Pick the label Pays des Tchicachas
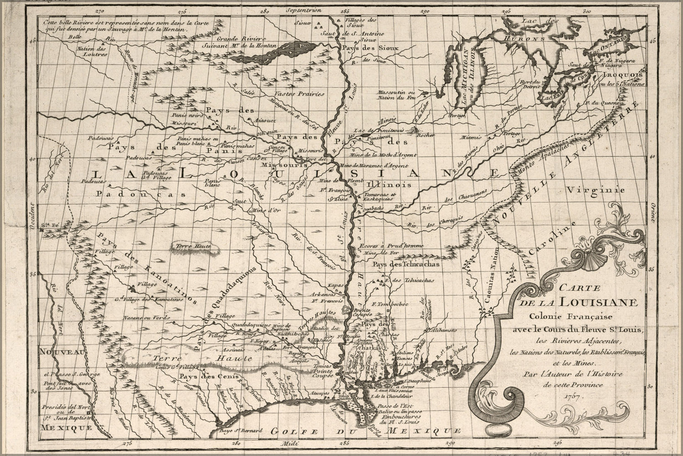[405, 264]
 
